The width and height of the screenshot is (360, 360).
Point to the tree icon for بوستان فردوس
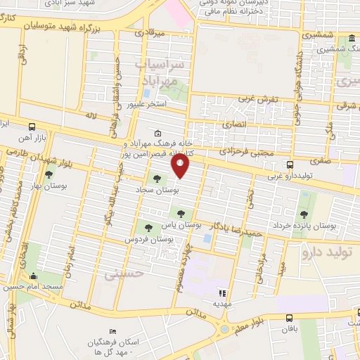pyautogui.click(x=148, y=226)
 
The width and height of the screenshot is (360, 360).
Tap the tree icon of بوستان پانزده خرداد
pyautogui.click(x=304, y=214)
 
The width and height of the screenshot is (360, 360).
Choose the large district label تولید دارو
pyautogui.click(x=330, y=251)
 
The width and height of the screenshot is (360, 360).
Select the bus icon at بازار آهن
pyautogui.click(x=32, y=127)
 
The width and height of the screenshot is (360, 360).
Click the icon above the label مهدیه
pyautogui.click(x=223, y=293)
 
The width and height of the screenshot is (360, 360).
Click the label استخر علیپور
pyautogui.click(x=145, y=104)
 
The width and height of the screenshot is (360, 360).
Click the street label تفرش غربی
pyautogui.click(x=259, y=100)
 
